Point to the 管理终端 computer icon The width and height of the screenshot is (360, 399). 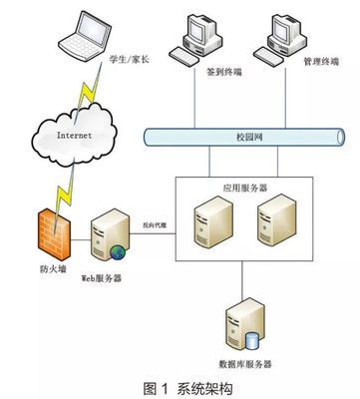275,41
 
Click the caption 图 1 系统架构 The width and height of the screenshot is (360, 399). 180,386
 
